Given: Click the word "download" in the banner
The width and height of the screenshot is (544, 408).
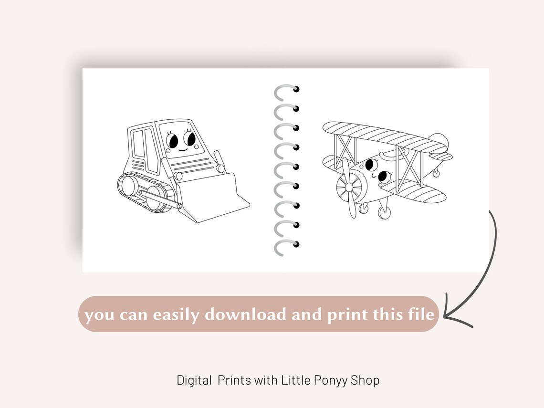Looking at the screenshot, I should click(x=245, y=314).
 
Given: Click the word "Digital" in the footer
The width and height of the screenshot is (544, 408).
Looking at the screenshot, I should click(x=194, y=381).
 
